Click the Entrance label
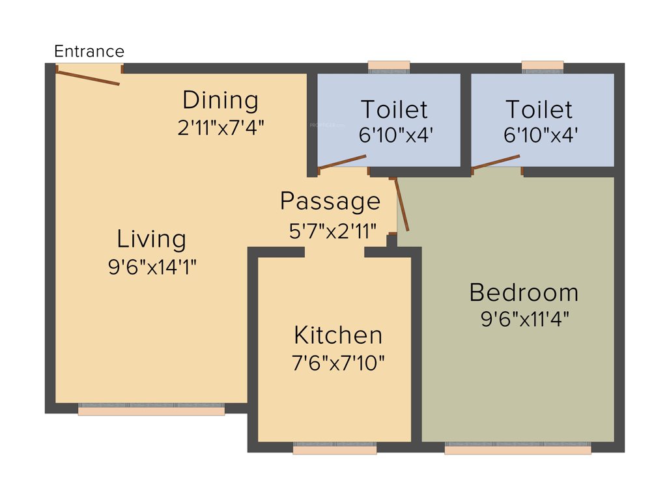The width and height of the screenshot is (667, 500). pos(89,51)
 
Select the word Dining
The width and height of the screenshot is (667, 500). pos(220,100)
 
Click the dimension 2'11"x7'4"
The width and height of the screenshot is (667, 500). pos(220,127)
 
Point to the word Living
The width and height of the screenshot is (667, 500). pos(151,240)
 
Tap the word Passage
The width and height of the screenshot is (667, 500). pos(330,202)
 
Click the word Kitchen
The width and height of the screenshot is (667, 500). pos(338,335)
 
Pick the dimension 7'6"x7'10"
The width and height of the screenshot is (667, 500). pos(338,363)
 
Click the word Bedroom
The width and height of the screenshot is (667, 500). pos(524,292)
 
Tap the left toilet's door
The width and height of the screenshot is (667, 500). pos(343,163)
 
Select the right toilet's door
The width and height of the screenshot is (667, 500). pos(496,162)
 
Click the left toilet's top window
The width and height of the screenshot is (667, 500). pos(389,66)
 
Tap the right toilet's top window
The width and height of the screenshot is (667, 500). pos(543,66)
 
